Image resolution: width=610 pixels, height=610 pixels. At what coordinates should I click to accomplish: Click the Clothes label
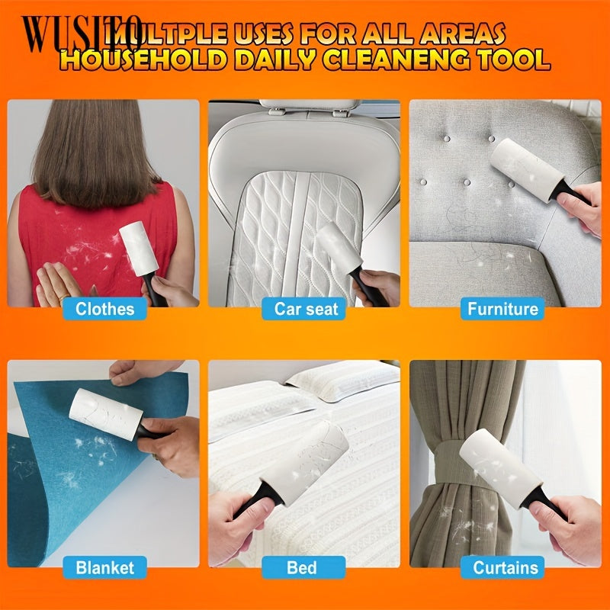tap(104, 309)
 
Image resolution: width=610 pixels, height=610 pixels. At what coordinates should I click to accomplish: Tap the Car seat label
tap(305, 309)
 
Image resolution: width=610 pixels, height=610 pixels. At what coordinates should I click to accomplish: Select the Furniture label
tap(503, 309)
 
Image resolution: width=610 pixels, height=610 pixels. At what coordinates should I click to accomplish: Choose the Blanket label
tap(104, 567)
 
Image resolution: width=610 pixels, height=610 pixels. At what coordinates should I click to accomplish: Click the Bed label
tap(302, 567)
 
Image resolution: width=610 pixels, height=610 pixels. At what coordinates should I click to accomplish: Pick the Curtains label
tap(505, 567)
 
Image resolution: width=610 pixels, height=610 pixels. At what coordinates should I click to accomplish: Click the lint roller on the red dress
tap(139, 249)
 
